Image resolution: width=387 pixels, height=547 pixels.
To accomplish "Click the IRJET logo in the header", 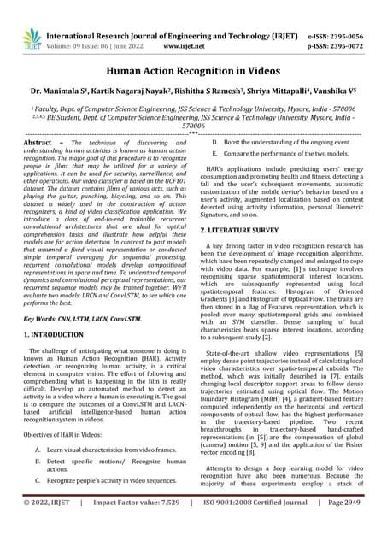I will [x=32, y=38].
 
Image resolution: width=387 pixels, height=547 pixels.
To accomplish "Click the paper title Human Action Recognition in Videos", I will [x=193, y=75].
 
